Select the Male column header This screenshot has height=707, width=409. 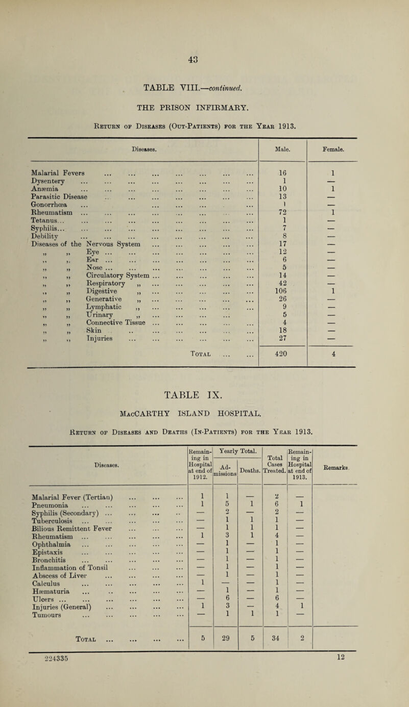point(282,150)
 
